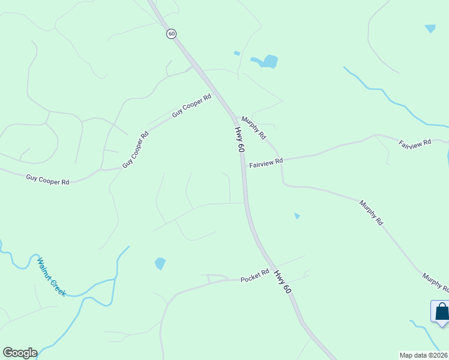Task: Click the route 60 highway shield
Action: click(172, 34)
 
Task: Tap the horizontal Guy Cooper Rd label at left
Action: click(47, 179)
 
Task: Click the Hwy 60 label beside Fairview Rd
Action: click(240, 139)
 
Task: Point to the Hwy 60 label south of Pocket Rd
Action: click(283, 282)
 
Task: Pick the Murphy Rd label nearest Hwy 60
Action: click(254, 128)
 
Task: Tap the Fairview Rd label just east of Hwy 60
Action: click(266, 163)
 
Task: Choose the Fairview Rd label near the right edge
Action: click(415, 143)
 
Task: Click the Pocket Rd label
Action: click(255, 279)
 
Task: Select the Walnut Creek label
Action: click(51, 277)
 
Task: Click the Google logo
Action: click(20, 353)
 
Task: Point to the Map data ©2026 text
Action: click(423, 355)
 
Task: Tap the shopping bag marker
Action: click(442, 311)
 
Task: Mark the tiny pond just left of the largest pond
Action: click(237, 53)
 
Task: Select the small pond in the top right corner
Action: click(430, 28)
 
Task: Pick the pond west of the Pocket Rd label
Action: click(160, 263)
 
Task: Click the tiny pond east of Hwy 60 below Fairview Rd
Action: click(297, 215)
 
